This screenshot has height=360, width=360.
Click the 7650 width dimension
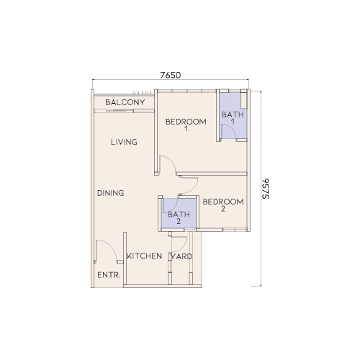coord(171,76)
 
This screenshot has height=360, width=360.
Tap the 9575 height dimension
coord(265,189)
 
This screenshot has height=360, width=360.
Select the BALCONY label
coord(125,102)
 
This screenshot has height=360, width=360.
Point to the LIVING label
coord(124,142)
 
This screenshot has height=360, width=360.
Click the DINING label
coord(111,193)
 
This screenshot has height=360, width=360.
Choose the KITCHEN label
coord(144,256)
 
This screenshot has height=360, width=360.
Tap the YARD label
coord(181,256)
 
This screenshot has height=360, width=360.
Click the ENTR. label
coord(109,275)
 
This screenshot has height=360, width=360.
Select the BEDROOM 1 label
coord(186,125)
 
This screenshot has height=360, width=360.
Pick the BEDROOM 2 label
coord(223,205)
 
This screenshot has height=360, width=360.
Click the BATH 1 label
coord(233,118)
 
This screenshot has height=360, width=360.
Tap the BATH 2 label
coord(179,217)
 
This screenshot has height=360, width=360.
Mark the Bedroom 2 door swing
coord(193,189)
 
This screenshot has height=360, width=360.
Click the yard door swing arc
coord(183,247)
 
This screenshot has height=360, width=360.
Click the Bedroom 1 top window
coord(186,91)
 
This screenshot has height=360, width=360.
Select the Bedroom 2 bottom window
coord(222,230)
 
